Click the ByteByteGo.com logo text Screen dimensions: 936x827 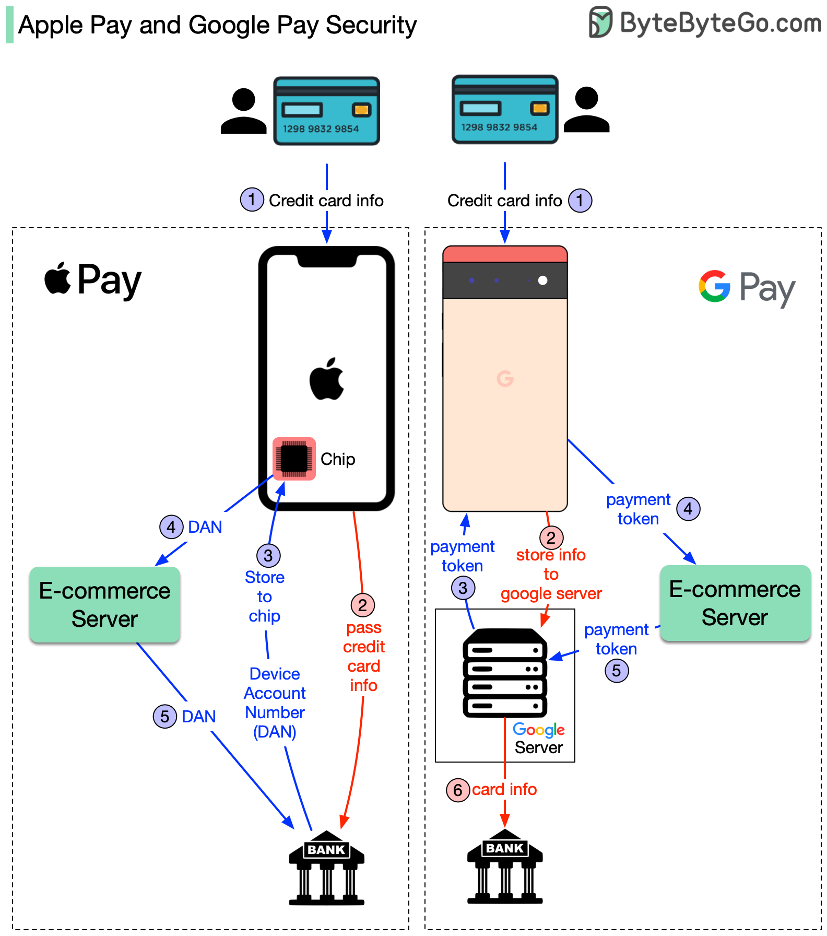(x=719, y=24)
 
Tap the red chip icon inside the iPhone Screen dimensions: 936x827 (x=294, y=459)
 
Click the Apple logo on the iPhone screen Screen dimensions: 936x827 (x=327, y=380)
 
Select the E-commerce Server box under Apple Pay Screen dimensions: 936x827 (x=105, y=604)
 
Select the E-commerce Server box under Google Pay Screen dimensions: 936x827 (x=735, y=603)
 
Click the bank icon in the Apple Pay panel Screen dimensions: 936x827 (x=327, y=868)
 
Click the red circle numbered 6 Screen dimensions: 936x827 (x=458, y=790)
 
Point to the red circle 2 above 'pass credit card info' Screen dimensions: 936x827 (x=362, y=605)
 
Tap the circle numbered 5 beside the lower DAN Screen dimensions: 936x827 (x=164, y=716)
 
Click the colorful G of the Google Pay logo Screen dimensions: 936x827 (x=714, y=286)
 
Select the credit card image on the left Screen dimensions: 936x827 (x=327, y=111)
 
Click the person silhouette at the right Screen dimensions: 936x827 (x=587, y=109)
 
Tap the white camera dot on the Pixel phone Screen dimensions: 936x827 (x=542, y=280)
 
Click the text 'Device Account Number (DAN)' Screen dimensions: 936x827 (x=275, y=703)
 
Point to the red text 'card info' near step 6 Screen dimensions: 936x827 (x=504, y=789)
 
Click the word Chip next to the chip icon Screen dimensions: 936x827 (x=338, y=459)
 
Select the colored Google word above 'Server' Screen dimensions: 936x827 (x=538, y=729)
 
